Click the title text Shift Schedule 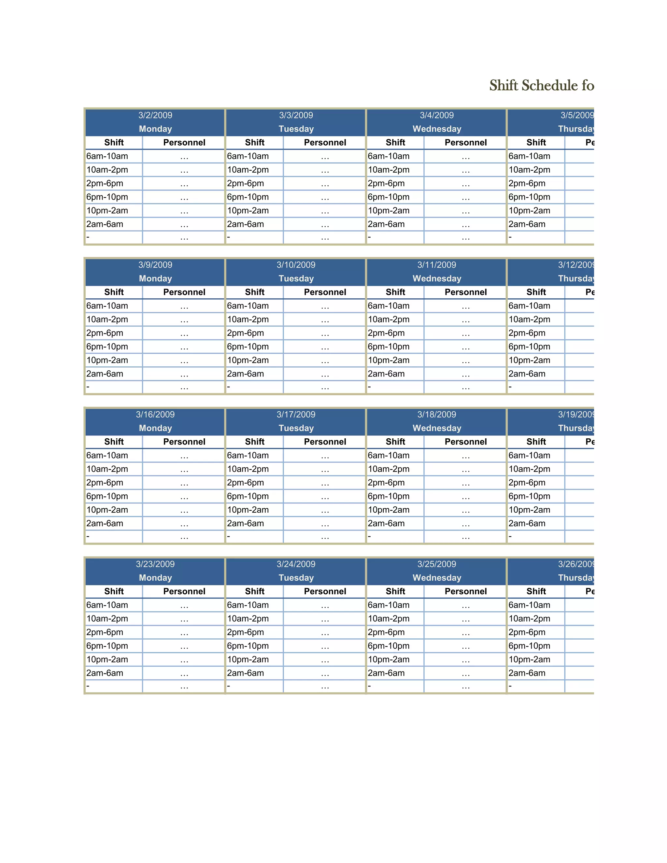[541, 85]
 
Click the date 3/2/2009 [155, 115]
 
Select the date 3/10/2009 [296, 265]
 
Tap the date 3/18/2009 [437, 415]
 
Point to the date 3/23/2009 [155, 564]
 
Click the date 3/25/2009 [437, 564]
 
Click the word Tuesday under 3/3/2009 [296, 129]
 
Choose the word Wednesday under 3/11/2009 [437, 278]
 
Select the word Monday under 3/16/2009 [155, 428]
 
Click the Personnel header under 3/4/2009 [465, 143]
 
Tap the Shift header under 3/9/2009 [114, 292]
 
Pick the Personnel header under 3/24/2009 [325, 591]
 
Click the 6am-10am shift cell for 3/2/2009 [107, 156]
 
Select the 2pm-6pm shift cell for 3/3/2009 [245, 184]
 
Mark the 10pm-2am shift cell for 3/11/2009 [389, 361]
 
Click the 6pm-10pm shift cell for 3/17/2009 [248, 496]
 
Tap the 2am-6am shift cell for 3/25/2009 [386, 673]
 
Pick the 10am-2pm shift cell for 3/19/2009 [529, 469]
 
